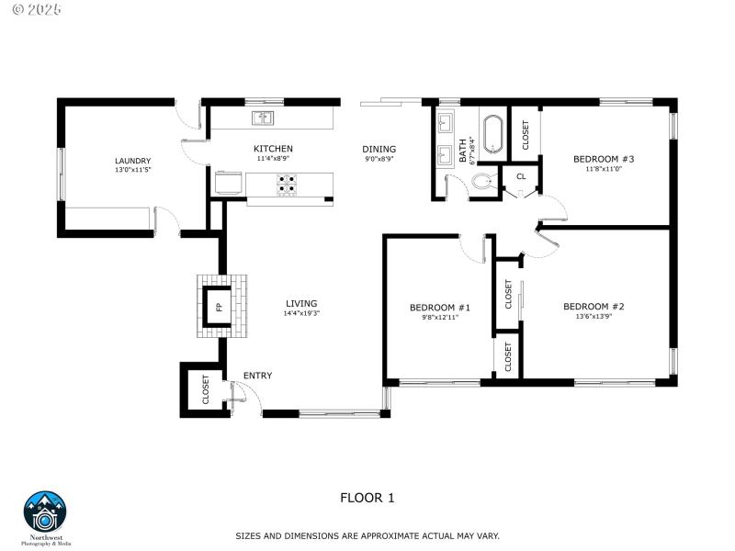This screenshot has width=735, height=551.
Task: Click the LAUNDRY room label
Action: [x=133, y=161]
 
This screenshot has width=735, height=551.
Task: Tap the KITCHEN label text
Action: [x=273, y=149]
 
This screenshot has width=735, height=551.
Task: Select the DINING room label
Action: [x=379, y=149]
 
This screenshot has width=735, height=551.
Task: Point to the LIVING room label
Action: [x=301, y=303]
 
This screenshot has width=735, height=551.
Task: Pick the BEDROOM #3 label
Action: [x=604, y=159]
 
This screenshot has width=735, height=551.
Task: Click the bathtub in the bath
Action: [x=492, y=133]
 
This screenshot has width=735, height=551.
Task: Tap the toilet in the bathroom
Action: [x=485, y=184]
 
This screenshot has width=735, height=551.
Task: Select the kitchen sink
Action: [x=263, y=118]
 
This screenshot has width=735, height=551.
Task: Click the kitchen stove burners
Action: [x=287, y=185]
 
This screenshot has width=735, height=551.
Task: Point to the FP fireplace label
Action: [x=219, y=307]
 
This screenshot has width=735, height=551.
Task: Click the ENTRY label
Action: [x=257, y=376]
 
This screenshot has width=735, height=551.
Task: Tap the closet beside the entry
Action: [x=205, y=390]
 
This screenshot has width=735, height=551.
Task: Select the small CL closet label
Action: [x=521, y=175]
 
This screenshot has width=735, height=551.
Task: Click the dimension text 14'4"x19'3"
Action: [x=301, y=314]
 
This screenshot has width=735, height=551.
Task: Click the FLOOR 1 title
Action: [x=367, y=498]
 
